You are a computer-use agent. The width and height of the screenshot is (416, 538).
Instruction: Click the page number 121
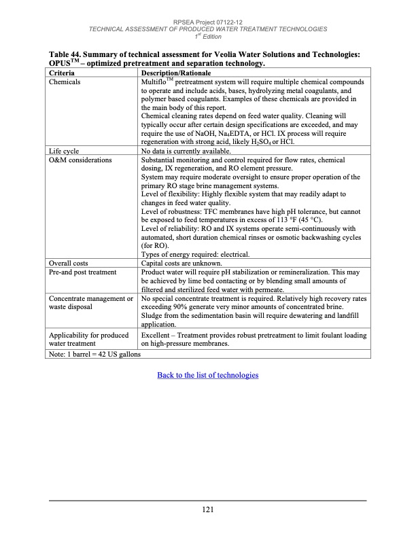[x=208, y=510]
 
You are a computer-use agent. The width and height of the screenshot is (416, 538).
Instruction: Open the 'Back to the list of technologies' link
[x=208, y=375]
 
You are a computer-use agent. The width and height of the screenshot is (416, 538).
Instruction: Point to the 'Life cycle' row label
[x=64, y=151]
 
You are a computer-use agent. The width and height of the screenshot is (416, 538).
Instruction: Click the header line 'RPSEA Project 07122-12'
[x=208, y=21]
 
